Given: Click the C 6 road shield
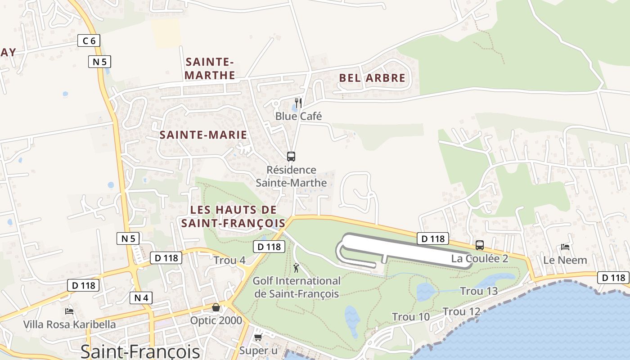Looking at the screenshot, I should pos(88,41).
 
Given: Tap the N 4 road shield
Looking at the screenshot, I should pos(141,297).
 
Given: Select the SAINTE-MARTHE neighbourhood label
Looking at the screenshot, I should pos(210,68).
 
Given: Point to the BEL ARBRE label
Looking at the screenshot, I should pos(372,78).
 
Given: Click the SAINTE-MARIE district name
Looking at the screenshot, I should pos(203,135).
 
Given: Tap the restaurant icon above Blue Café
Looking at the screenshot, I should pos(298,103).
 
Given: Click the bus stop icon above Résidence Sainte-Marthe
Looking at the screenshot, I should pos(291,157).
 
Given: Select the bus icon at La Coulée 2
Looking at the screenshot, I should pos(480,245).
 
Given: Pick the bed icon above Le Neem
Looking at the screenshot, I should pos(565,247).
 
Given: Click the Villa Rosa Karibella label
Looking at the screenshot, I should pos(70,324).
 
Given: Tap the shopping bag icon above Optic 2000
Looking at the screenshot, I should pos(216,308).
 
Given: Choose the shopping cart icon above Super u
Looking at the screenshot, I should pos(258,337).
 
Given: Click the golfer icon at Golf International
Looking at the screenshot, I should pos(296,268).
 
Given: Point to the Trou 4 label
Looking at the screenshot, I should pos(229,260).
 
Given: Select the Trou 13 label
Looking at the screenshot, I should pos(479,291).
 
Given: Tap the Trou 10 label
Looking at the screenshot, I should pos(411,317).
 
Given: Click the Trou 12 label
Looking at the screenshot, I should pos(462,311).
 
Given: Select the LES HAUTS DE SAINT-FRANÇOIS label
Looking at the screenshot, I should pos(233,216).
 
